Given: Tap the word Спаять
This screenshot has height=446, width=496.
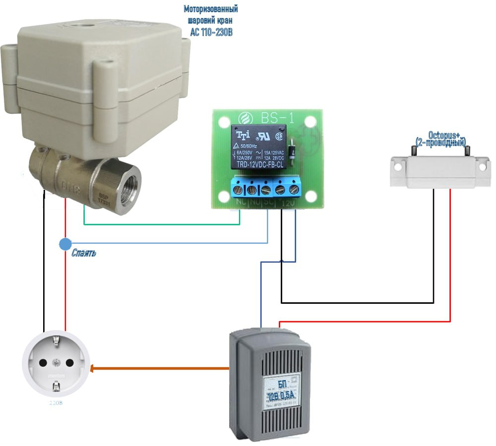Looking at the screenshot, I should coord(84,253).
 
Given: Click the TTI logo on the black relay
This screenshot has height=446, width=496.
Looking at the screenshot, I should coord(243,135).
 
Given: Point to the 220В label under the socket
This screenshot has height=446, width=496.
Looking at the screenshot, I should coord(56,403).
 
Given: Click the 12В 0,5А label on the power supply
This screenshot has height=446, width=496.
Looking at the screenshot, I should coord(281,395).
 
